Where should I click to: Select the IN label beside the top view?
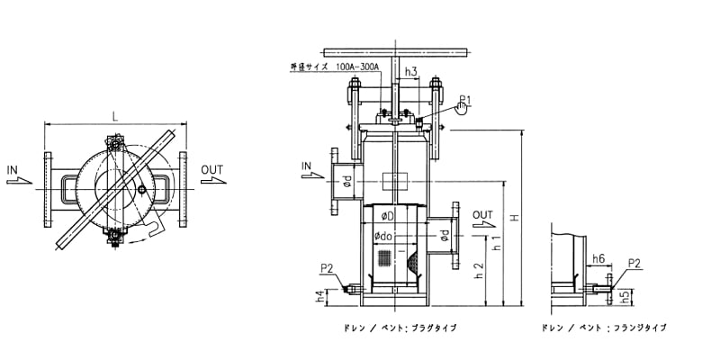(13, 169)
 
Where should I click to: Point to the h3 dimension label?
(410, 70)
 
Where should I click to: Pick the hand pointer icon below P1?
(462, 110)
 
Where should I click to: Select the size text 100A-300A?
(358, 67)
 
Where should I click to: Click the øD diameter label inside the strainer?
(386, 216)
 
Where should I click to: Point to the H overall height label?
(515, 217)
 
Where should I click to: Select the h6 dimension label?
(598, 259)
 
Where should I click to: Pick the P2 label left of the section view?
(326, 267)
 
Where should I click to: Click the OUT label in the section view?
(483, 215)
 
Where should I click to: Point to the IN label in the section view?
(307, 166)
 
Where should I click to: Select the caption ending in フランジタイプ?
(604, 328)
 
